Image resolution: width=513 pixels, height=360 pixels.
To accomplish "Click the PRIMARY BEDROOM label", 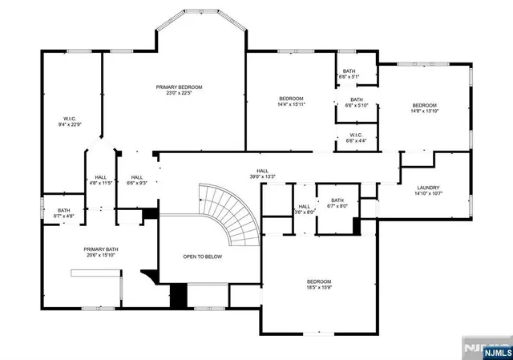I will tap(179, 87).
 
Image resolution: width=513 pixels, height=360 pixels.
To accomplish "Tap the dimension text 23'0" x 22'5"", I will tap(179, 93).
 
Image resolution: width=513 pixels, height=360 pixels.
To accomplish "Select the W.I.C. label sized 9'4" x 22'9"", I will tap(70, 119).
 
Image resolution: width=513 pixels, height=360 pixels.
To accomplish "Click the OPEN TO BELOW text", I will tap(201, 257).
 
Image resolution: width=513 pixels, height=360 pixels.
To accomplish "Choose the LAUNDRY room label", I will tap(427, 188).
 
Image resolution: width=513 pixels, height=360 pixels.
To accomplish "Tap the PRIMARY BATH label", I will tap(101, 249).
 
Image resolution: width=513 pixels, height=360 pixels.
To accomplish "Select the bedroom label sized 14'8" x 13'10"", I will tap(424, 106).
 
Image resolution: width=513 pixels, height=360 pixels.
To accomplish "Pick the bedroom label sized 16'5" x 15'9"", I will tap(318, 281).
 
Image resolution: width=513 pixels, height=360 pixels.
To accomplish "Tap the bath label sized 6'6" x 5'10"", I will tap(356, 100).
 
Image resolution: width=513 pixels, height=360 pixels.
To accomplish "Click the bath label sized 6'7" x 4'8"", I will tap(64, 211).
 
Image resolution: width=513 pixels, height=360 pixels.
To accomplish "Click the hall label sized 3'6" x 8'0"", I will tap(305, 207).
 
